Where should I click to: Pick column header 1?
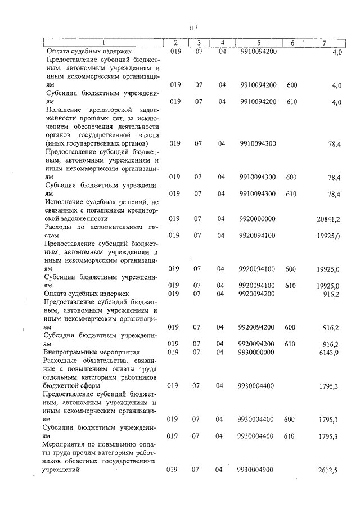[103, 43]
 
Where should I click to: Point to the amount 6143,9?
[330, 352]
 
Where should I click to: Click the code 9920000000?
[257, 218]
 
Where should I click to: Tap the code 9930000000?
[257, 352]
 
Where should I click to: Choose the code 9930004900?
[257, 469]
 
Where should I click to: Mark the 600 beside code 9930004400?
[290, 420]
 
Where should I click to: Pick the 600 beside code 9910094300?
[291, 177]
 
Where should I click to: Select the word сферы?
[91, 386]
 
